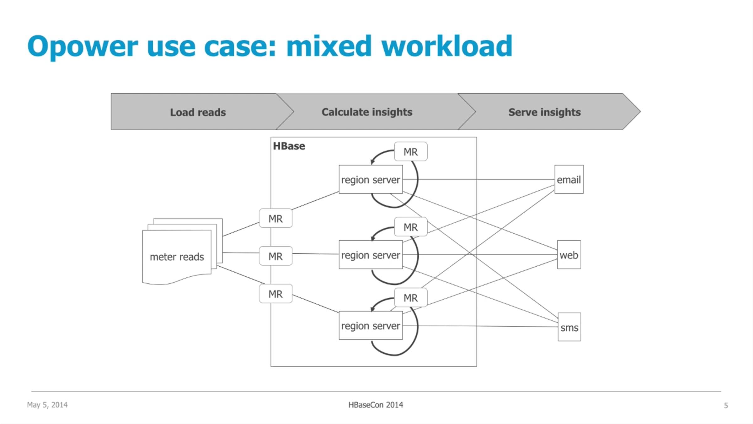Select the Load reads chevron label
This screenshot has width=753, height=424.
(x=198, y=112)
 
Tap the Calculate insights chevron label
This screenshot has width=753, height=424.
(x=367, y=112)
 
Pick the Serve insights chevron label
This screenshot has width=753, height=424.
(x=544, y=112)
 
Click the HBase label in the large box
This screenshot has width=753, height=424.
(x=289, y=146)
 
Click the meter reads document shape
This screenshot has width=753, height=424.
(x=177, y=257)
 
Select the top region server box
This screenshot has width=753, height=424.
(x=371, y=180)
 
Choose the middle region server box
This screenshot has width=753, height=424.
(x=371, y=255)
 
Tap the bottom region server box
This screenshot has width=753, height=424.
(x=371, y=326)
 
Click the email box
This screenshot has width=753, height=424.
(x=569, y=180)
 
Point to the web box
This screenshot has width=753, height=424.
(x=569, y=255)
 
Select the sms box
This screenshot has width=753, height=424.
(x=569, y=327)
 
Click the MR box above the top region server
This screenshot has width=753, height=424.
(x=410, y=152)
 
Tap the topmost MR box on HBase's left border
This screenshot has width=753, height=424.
(x=275, y=219)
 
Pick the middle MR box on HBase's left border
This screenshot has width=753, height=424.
(x=275, y=256)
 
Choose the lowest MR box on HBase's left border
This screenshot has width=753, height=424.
(x=275, y=294)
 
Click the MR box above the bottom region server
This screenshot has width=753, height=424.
(x=410, y=298)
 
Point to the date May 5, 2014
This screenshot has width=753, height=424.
(x=47, y=405)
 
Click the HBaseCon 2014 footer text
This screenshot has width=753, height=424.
(x=376, y=405)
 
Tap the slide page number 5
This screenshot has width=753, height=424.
(x=726, y=405)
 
